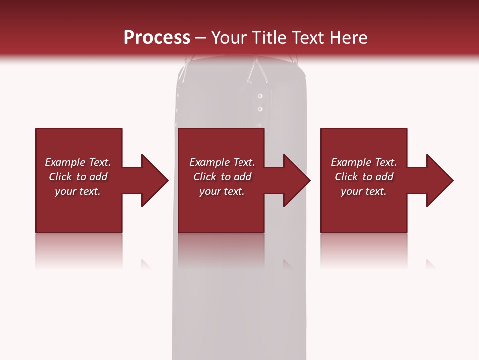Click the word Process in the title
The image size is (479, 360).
pyautogui.click(x=157, y=38)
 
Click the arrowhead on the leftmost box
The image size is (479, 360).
pyautogui.click(x=155, y=180)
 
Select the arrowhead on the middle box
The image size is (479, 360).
pyautogui.click(x=297, y=180)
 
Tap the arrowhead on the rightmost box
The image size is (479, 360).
pyautogui.click(x=440, y=180)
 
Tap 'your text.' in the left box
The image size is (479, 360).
pyautogui.click(x=78, y=191)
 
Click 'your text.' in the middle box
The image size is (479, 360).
pyautogui.click(x=222, y=191)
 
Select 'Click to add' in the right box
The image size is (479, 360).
pyautogui.click(x=364, y=177)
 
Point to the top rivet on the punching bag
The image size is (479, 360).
pyautogui.click(x=260, y=95)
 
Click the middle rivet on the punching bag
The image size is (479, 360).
pyautogui.click(x=260, y=109)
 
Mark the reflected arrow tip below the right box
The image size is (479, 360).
pyautogui.click(x=430, y=263)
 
